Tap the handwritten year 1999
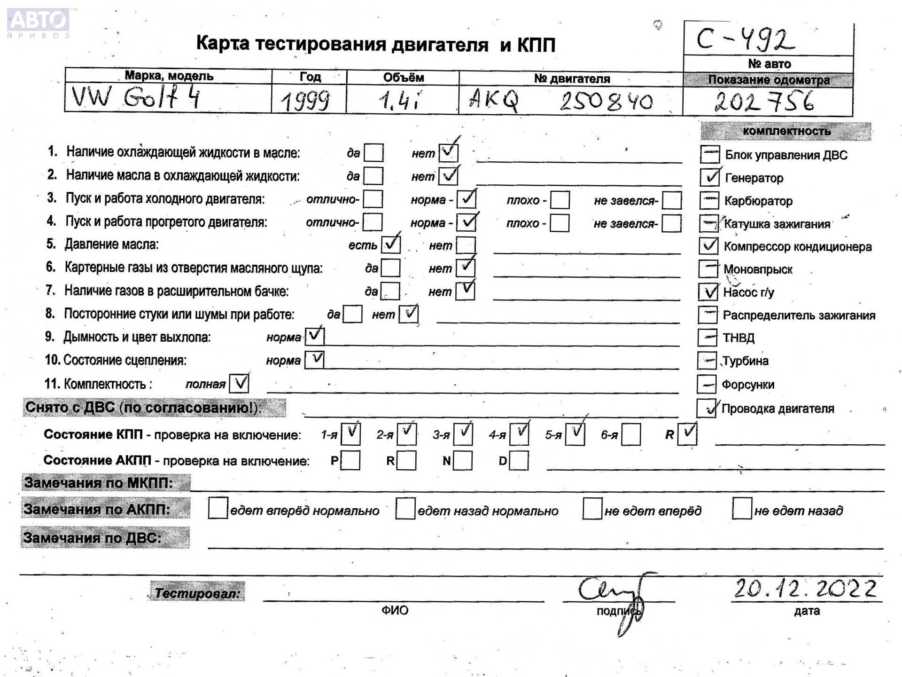click(306, 101)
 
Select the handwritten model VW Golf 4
click(136, 98)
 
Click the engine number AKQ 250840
click(560, 101)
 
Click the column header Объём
click(403, 78)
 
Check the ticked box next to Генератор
click(710, 177)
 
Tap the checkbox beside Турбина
click(707, 361)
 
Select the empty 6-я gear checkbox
click(631, 434)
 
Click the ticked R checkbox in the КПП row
click(687, 433)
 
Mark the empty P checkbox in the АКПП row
click(350, 461)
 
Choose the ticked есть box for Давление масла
click(391, 244)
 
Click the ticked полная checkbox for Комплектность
click(239, 384)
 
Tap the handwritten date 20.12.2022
click(805, 589)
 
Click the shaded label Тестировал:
click(197, 592)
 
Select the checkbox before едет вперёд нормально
click(218, 509)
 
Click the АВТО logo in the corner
click(39, 22)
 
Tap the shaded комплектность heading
click(786, 131)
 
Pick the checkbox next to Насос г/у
click(708, 292)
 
